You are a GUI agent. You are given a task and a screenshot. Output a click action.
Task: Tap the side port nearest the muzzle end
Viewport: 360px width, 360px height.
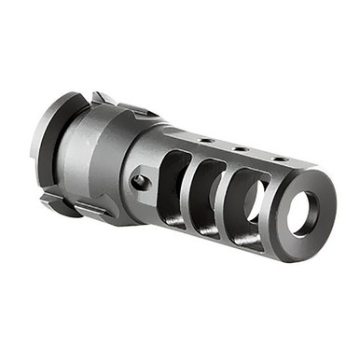(x=244, y=207)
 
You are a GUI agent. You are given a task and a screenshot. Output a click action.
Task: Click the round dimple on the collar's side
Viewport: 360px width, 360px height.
(x=139, y=181)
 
